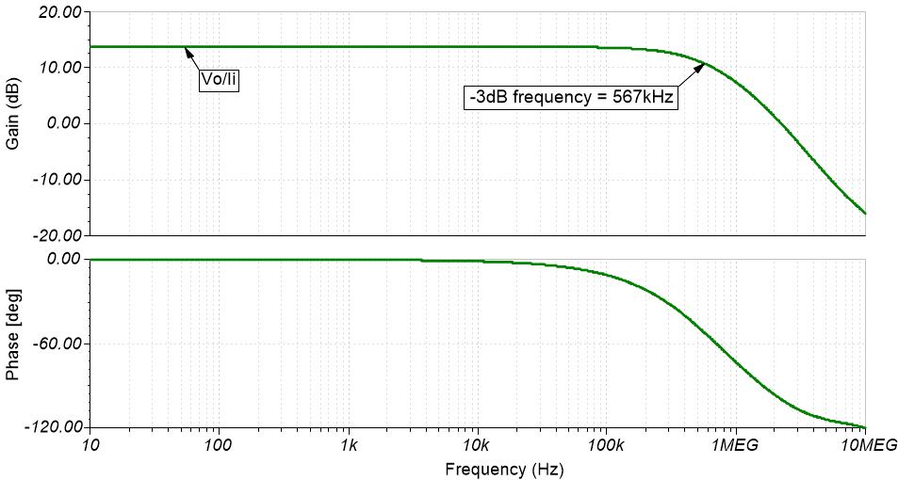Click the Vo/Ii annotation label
[x=219, y=81]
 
